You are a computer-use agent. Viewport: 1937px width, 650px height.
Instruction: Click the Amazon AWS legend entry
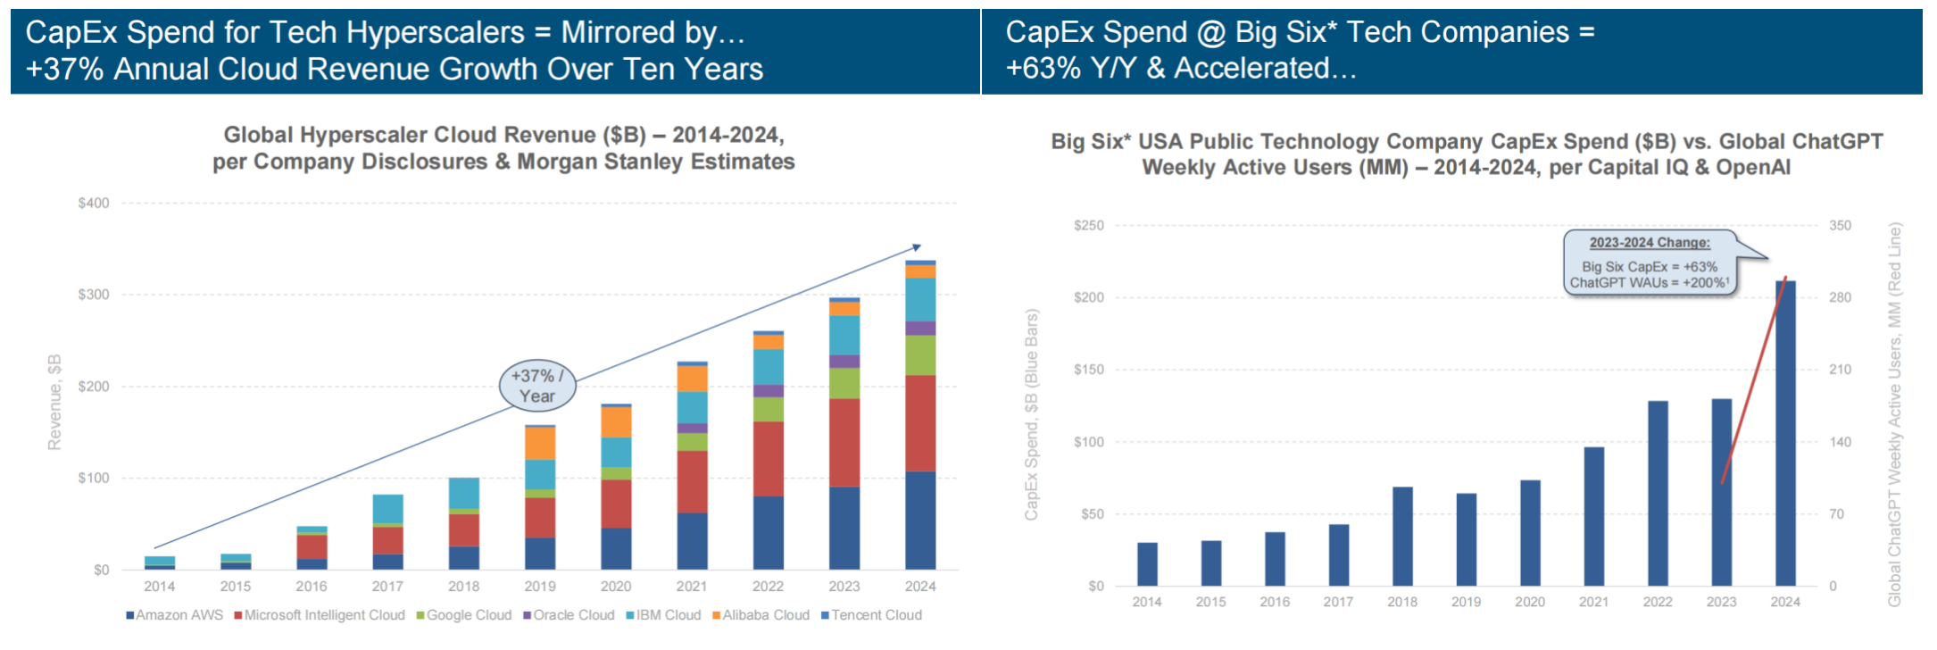pos(175,615)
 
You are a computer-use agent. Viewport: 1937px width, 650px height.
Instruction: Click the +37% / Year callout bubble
pos(537,386)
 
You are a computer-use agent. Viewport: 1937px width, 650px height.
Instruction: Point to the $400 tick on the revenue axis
pos(94,203)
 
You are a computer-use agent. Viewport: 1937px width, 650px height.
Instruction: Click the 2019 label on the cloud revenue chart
pos(539,587)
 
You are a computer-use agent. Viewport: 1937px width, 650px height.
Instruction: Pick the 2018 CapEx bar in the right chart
pos(1402,536)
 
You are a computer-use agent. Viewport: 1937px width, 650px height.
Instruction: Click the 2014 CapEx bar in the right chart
pos(1147,564)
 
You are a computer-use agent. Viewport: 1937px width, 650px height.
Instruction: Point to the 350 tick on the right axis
pos(1840,226)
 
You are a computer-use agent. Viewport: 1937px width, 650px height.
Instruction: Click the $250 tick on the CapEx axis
pos(1088,226)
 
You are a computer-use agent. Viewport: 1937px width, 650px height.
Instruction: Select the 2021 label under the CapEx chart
pos(1593,602)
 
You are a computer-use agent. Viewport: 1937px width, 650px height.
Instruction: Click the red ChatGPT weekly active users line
pos(1754,379)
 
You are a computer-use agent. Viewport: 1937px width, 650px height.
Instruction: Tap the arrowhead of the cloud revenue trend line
pos(916,247)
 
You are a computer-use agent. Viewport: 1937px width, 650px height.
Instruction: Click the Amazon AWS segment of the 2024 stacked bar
pos(920,520)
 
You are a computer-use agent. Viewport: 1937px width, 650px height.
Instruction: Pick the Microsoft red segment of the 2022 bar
pos(768,459)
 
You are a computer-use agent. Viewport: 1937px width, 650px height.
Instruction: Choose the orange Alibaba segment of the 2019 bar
pos(539,443)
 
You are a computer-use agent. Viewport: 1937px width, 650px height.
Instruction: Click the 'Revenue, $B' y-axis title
pos(54,402)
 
